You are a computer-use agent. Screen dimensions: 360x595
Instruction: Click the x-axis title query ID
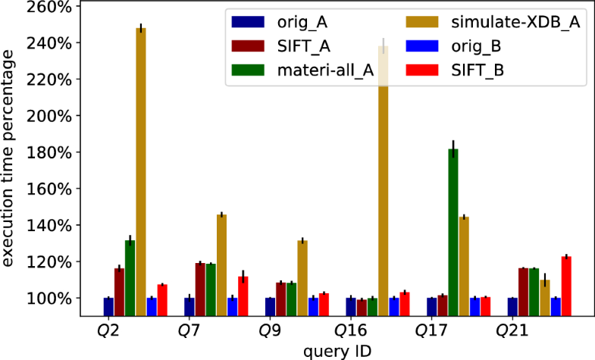point(337,350)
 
